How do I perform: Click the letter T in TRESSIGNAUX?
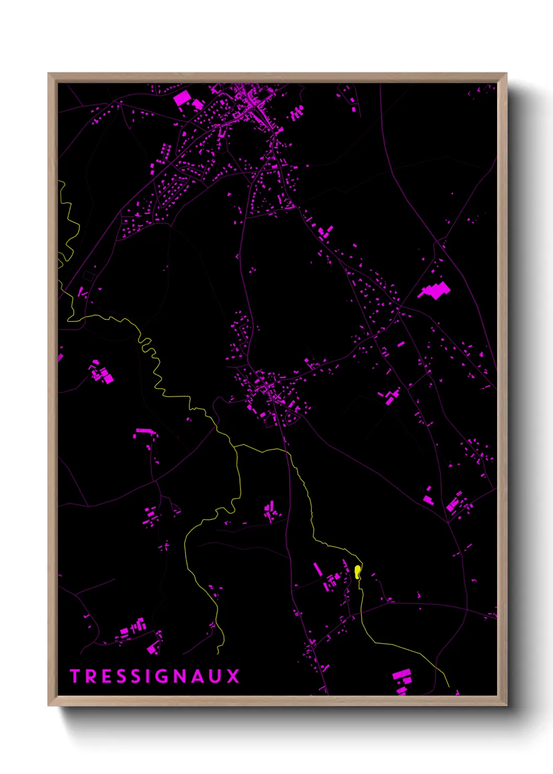click(74, 676)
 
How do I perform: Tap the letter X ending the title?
click(234, 676)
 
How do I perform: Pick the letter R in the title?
click(89, 676)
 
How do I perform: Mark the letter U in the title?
click(216, 676)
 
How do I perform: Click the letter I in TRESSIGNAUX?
click(147, 676)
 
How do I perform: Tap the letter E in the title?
click(105, 676)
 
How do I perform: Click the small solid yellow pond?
click(358, 572)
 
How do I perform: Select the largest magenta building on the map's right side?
click(435, 290)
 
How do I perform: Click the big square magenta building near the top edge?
click(182, 98)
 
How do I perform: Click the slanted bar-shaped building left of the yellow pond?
click(317, 569)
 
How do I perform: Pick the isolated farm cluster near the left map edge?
click(101, 373)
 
